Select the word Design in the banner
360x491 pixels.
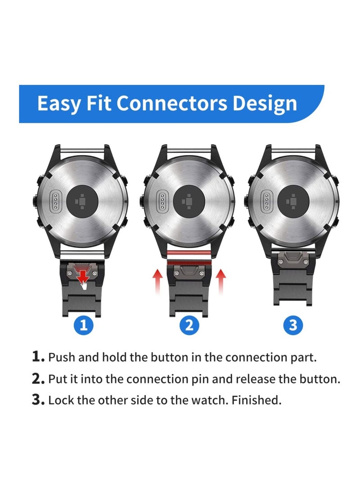[265, 103]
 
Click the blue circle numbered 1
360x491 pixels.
[83, 325]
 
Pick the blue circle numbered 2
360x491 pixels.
[189, 325]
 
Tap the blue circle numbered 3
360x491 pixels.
[293, 325]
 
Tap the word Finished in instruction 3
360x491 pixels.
[256, 400]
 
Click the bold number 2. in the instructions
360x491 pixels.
[38, 378]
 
